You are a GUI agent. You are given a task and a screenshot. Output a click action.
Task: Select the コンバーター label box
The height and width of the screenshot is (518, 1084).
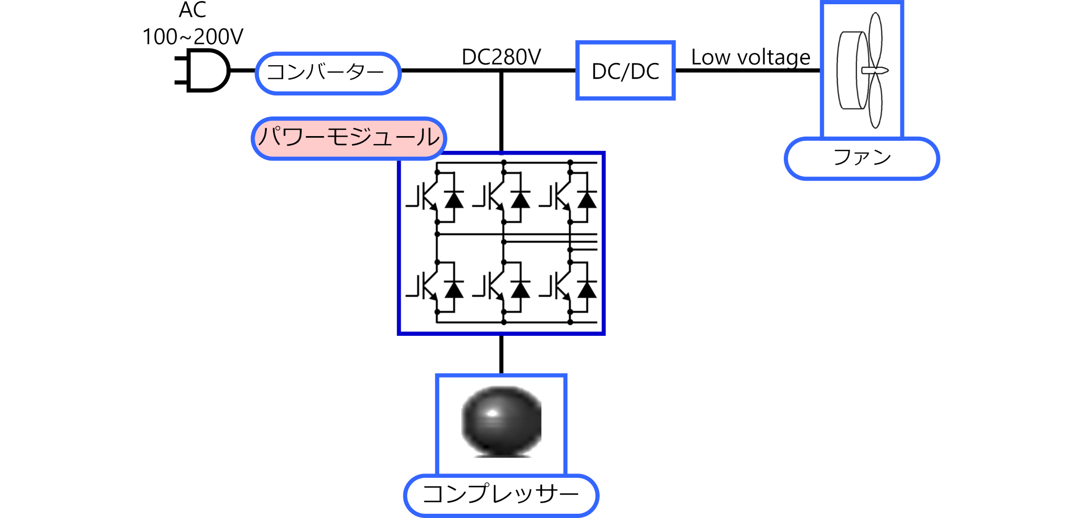point(328,73)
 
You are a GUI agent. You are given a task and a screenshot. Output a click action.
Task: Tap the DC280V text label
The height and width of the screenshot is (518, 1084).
point(501,57)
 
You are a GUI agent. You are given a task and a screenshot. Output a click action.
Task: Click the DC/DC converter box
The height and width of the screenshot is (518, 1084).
point(625,70)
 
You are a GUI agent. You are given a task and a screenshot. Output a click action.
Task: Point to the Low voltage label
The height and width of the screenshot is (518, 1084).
point(751,57)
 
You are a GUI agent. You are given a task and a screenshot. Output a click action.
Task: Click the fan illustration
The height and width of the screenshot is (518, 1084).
point(862,70)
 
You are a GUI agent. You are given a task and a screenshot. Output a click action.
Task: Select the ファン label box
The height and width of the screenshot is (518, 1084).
point(862,158)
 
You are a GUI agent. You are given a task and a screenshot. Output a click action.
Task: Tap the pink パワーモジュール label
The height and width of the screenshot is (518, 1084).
point(349,138)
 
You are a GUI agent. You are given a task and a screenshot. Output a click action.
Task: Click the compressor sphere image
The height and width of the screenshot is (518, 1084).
point(501,422)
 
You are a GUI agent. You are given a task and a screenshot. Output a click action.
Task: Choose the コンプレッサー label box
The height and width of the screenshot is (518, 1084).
point(501,495)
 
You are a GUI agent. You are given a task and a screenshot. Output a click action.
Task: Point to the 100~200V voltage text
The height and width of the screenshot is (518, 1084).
point(193,37)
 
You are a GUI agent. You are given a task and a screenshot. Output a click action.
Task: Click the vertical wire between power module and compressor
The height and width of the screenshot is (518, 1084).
point(501,354)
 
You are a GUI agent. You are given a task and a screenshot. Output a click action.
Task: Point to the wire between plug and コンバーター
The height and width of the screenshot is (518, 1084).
point(243,70)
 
